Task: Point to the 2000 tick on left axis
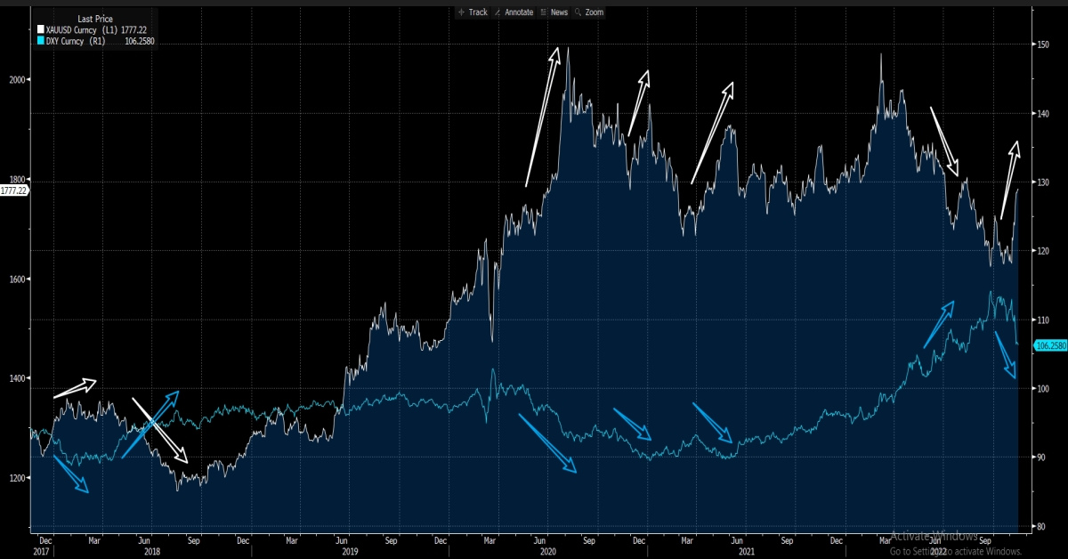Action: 16,79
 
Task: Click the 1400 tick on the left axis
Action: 16,378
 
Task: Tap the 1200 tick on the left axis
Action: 16,478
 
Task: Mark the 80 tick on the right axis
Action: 1039,526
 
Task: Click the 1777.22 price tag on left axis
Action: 13,190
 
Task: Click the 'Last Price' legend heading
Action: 94,18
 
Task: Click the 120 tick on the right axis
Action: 1040,251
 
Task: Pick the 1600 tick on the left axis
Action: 16,279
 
